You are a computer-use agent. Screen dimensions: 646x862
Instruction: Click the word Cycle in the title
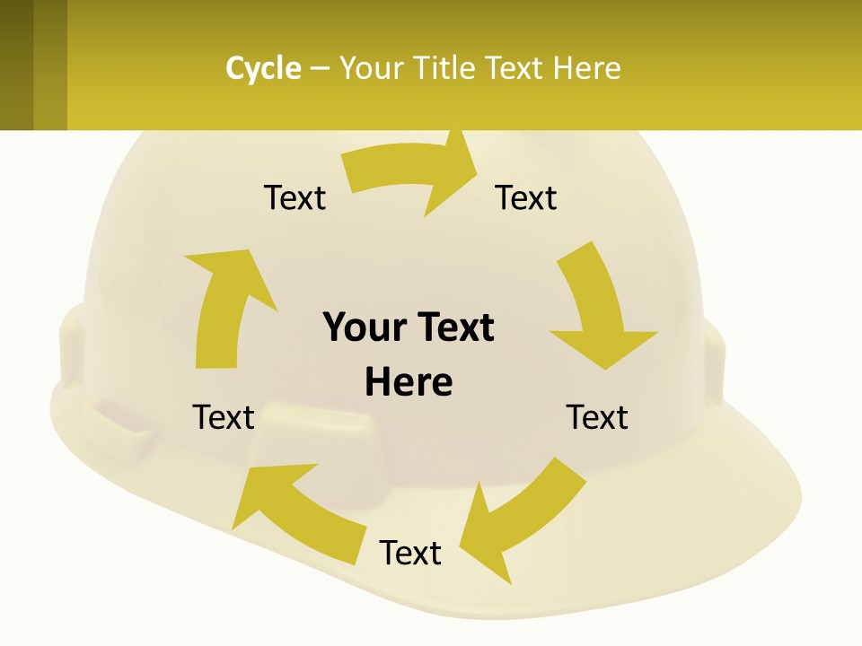pyautogui.click(x=263, y=68)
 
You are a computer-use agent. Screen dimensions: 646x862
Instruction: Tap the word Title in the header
pyautogui.click(x=450, y=68)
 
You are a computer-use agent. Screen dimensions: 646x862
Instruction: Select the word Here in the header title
pyautogui.click(x=586, y=68)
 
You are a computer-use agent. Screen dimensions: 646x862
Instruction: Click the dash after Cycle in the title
pyautogui.click(x=320, y=69)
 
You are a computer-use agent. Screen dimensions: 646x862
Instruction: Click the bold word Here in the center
pyautogui.click(x=409, y=382)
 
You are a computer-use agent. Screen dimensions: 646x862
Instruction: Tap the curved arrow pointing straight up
pyautogui.click(x=224, y=305)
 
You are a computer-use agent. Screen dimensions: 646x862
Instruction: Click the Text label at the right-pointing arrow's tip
pyautogui.click(x=526, y=197)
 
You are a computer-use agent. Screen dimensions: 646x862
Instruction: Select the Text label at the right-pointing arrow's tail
pyautogui.click(x=295, y=197)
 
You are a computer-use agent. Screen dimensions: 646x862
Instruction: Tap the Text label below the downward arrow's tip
pyautogui.click(x=597, y=417)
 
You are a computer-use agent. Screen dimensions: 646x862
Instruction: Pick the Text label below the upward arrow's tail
pyautogui.click(x=224, y=417)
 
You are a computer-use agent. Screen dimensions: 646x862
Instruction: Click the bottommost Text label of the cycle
pyautogui.click(x=410, y=553)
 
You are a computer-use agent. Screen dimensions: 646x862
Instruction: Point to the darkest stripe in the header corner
pyautogui.click(x=16, y=65)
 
